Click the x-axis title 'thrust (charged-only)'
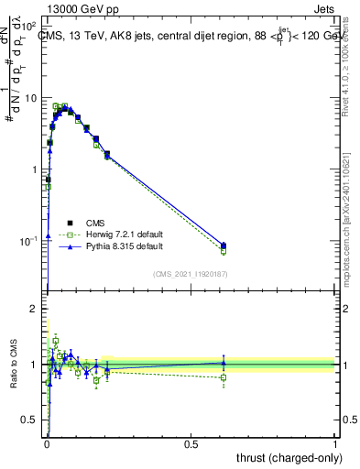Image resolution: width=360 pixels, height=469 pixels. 288,457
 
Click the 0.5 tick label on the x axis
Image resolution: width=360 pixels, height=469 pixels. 191,443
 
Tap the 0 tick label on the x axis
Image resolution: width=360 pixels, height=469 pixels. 47,443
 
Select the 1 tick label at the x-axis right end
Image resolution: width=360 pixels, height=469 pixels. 336,443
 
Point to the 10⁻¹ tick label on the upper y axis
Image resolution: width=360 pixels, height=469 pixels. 30,241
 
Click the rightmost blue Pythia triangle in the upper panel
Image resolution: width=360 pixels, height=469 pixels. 224,245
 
